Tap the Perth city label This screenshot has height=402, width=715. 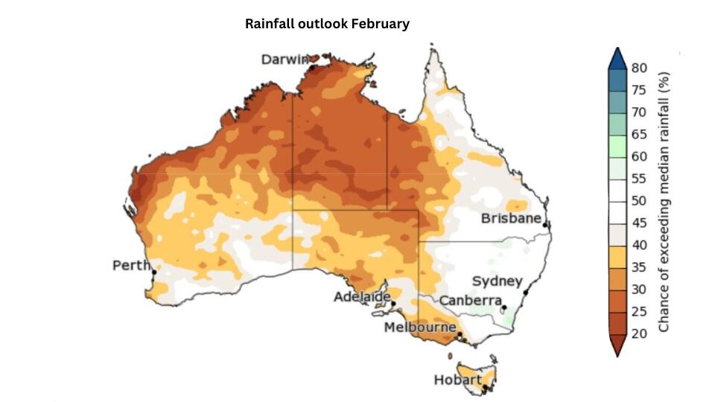pyautogui.click(x=130, y=266)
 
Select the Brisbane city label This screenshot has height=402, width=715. pyautogui.click(x=511, y=219)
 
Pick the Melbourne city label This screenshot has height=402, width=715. pyautogui.click(x=420, y=328)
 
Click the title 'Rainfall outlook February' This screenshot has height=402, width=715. pyautogui.click(x=327, y=24)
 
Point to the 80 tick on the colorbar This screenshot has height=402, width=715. pyautogui.click(x=638, y=68)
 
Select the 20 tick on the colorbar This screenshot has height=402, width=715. pyautogui.click(x=638, y=333)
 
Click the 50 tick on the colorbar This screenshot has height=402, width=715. pyautogui.click(x=638, y=200)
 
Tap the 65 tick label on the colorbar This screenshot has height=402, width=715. pyautogui.click(x=638, y=134)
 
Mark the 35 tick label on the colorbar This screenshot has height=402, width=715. pyautogui.click(x=638, y=267)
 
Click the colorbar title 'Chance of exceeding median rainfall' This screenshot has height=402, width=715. pyautogui.click(x=665, y=201)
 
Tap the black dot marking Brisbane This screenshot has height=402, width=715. pyautogui.click(x=546, y=225)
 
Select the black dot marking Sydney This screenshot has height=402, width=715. pyautogui.click(x=525, y=293)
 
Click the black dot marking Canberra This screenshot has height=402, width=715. pyautogui.click(x=503, y=307)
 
